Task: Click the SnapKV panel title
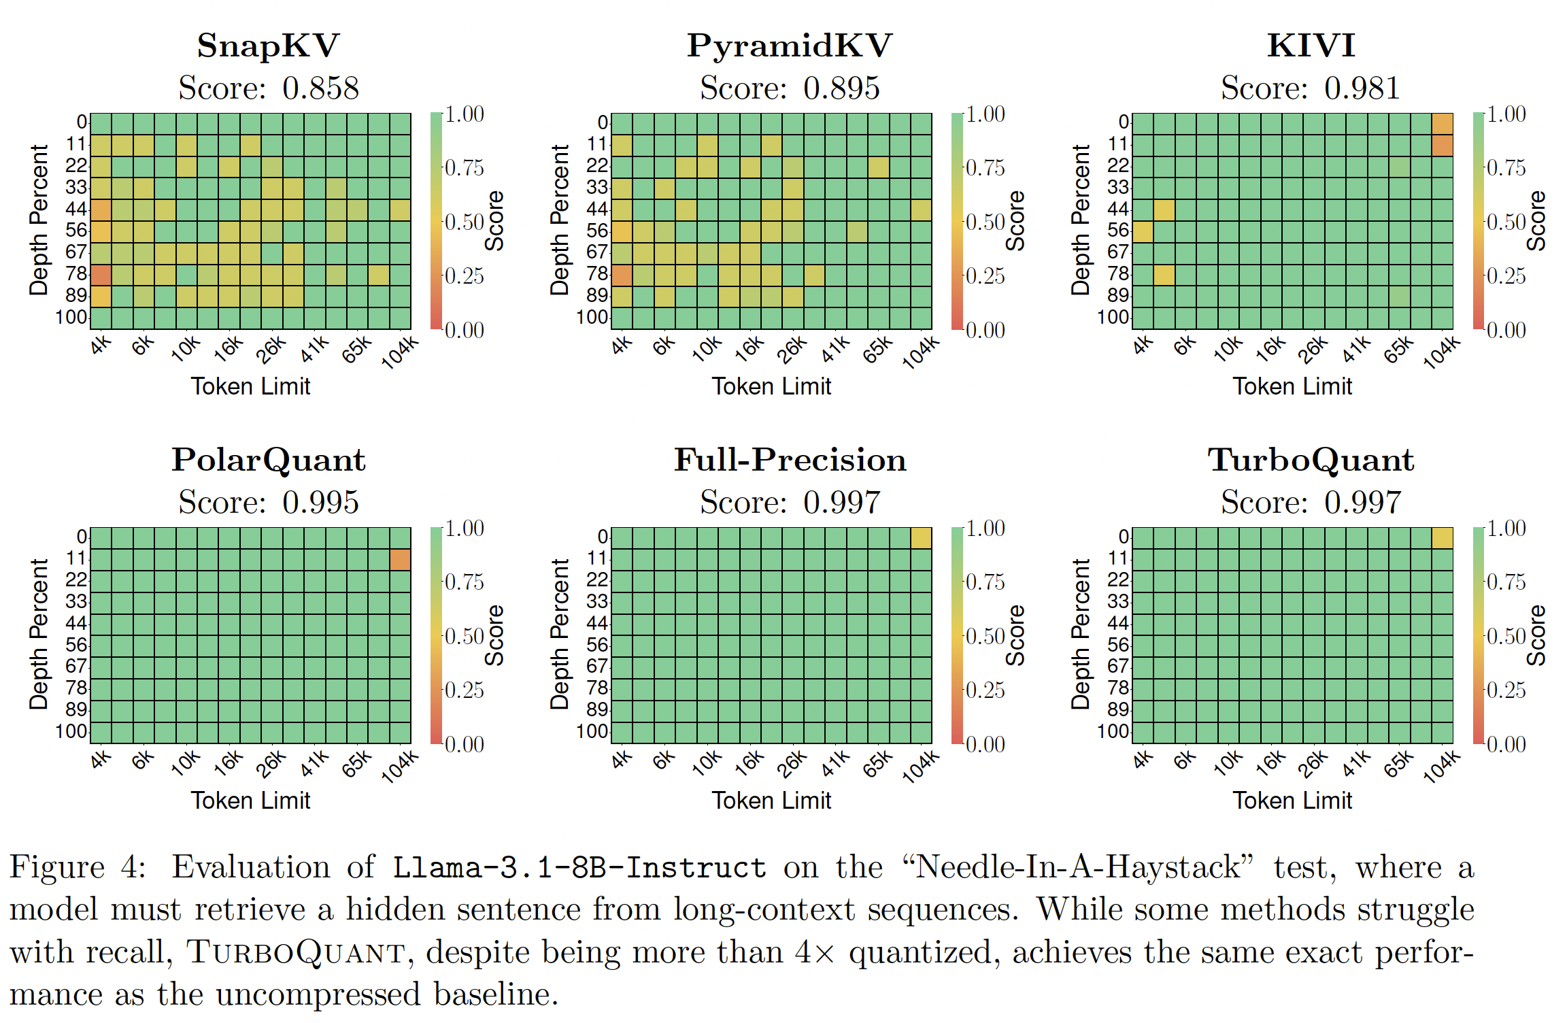[268, 46]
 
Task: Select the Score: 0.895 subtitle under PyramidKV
[790, 88]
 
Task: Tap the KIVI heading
[1311, 46]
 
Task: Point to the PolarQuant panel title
[268, 460]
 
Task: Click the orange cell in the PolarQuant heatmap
[400, 559]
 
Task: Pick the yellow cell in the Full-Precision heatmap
[921, 538]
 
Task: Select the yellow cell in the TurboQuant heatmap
[1442, 538]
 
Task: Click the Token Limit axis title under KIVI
[1292, 386]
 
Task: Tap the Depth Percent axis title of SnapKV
[38, 220]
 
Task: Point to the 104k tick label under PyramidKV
[920, 352]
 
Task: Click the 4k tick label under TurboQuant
[1143, 758]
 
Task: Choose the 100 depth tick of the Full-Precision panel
[592, 731]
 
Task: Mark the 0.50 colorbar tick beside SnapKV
[463, 222]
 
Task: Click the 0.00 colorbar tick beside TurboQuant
[1506, 744]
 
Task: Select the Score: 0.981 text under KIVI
[1311, 88]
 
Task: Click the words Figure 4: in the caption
[78, 867]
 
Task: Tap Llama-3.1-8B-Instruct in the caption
[579, 868]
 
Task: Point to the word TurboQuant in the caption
[297, 952]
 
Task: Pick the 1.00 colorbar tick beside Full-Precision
[985, 529]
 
